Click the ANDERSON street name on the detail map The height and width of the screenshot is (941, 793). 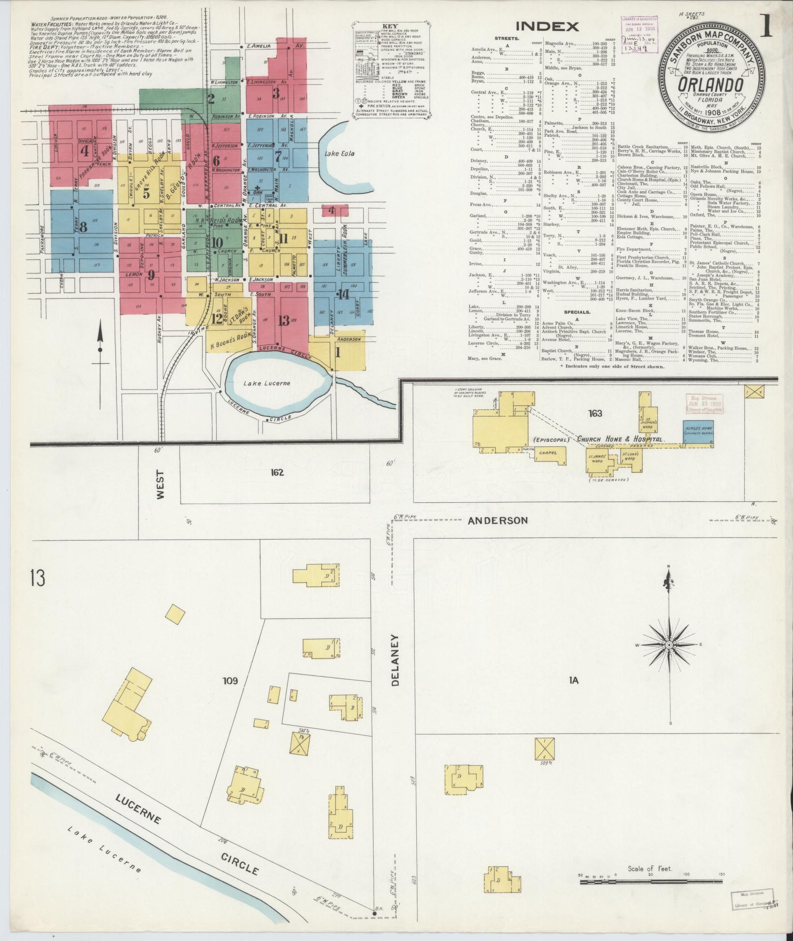pos(497,520)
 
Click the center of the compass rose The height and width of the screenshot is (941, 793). pos(669,644)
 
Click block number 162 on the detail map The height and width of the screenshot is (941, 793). pos(277,472)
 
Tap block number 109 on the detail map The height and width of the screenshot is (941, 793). pos(230,681)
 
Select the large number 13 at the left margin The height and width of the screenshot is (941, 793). pos(37,578)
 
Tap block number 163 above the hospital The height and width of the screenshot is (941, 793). pos(594,413)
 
